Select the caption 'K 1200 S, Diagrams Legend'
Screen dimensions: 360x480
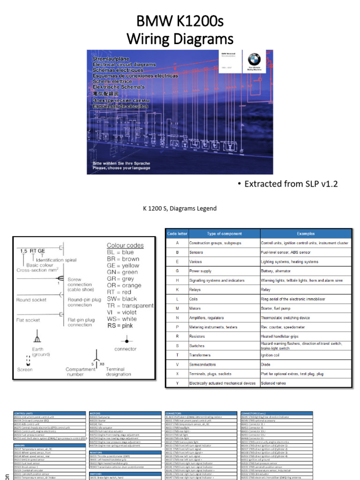coord(180,209)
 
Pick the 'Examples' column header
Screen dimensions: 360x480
coord(306,233)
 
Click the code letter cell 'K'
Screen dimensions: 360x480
coord(177,290)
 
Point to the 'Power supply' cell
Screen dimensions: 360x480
coord(201,271)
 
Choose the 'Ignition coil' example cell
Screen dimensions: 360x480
coord(274,355)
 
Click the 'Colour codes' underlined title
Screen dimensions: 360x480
coord(125,245)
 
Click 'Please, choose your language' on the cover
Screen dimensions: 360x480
coord(121,168)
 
